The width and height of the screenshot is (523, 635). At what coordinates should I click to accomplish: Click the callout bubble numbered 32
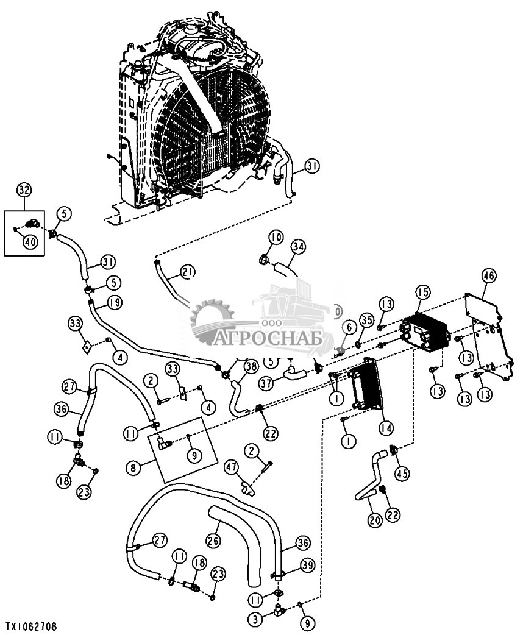(x=24, y=190)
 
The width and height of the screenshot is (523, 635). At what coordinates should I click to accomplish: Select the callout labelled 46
(x=488, y=275)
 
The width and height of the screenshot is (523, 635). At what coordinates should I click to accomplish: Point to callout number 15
(x=422, y=293)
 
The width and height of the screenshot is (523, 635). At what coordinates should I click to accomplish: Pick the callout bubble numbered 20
(x=375, y=520)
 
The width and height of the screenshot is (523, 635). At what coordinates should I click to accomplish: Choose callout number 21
(x=188, y=272)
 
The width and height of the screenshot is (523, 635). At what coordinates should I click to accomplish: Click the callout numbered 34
(x=297, y=246)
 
